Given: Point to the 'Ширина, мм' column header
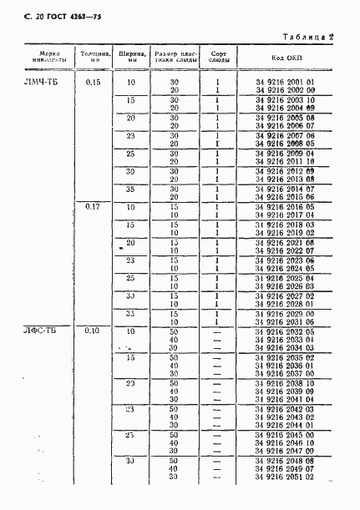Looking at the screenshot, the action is [130, 57].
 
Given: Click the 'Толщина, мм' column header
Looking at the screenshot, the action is [92, 57].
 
